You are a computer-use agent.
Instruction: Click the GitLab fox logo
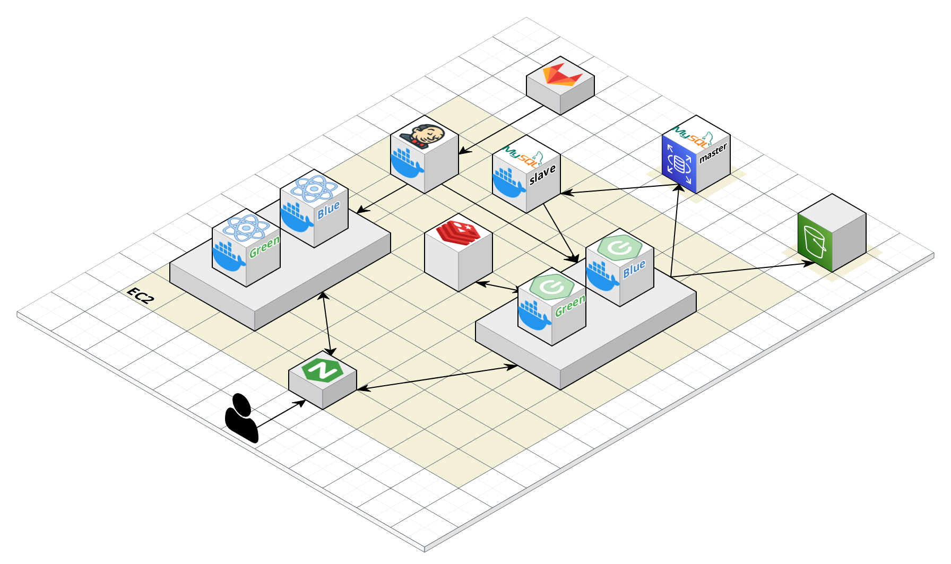(561, 75)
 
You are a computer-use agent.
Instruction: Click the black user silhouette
(242, 418)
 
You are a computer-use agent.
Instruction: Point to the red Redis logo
(458, 232)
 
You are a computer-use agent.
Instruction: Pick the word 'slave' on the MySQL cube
(542, 175)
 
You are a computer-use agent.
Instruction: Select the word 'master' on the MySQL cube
(713, 153)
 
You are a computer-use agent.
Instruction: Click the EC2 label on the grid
(141, 296)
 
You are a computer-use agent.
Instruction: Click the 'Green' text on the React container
(264, 247)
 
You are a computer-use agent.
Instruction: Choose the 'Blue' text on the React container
(328, 210)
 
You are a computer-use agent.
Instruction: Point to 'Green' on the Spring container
(570, 306)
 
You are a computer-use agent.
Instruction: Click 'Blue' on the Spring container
(634, 268)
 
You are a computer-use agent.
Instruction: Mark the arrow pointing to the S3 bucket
(743, 270)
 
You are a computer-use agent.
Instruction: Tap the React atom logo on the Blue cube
(314, 188)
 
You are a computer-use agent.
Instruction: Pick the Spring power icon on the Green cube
(552, 287)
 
